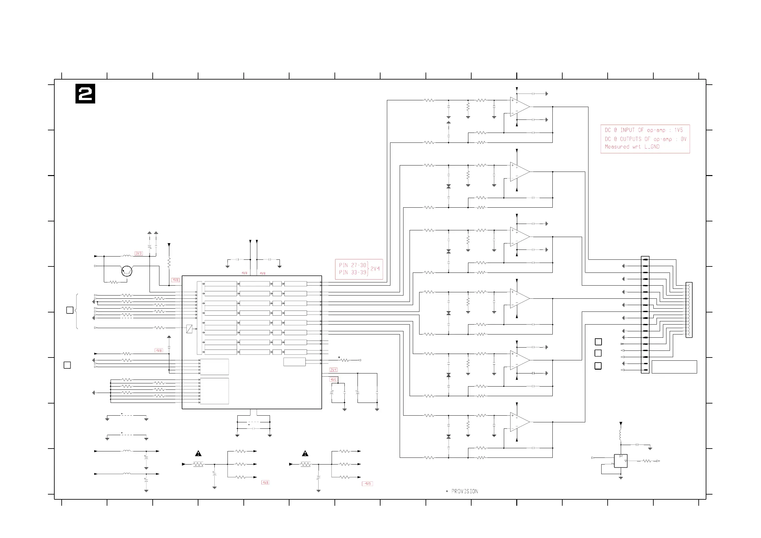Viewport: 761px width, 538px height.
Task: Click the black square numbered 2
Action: pos(85,94)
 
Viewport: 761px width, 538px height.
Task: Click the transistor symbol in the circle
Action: pos(127,271)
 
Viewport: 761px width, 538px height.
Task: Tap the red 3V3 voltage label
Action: pos(139,254)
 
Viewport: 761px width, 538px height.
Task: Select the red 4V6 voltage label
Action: pos(334,380)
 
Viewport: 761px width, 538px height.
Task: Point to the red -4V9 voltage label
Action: pos(367,484)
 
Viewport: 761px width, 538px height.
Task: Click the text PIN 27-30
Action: pos(352,265)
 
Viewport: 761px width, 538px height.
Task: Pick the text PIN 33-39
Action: pos(352,273)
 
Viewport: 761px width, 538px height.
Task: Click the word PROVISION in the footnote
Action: pos(465,491)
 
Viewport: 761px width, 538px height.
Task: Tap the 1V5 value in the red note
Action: pos(679,130)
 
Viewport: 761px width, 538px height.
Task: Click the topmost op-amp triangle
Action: pos(519,107)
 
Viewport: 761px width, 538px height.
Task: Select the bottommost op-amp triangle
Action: pos(519,422)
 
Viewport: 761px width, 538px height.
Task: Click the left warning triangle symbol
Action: pos(198,453)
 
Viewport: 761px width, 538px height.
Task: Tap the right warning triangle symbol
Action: pos(305,453)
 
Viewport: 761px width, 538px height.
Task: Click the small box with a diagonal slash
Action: pos(189,329)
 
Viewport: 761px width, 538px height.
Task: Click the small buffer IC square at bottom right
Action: pos(620,461)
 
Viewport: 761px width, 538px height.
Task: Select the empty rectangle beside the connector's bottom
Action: pos(674,367)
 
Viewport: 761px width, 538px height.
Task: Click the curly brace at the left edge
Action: pos(77,311)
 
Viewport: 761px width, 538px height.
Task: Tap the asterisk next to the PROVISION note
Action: pos(447,491)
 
